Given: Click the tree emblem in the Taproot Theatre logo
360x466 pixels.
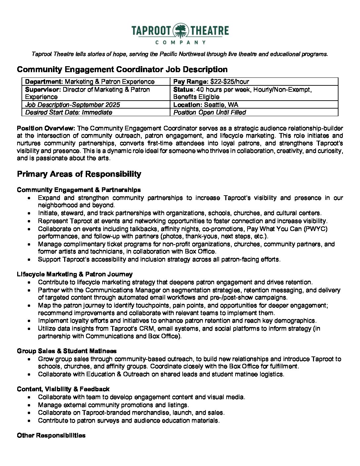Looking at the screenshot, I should click(180, 31).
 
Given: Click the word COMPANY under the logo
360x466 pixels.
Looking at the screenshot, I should click(180, 42).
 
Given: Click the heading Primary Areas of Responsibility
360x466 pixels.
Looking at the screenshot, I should click(79, 174).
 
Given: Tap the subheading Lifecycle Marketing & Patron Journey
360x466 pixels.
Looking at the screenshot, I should click(75, 274).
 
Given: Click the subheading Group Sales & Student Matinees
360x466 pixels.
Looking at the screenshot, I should click(67, 351).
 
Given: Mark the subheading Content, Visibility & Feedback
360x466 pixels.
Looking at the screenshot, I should click(63, 389).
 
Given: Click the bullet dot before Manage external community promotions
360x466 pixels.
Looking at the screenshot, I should click(30, 405).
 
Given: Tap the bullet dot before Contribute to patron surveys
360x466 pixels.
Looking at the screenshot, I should click(30, 421).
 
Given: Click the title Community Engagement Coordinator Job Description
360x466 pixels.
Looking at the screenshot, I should click(122, 70).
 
